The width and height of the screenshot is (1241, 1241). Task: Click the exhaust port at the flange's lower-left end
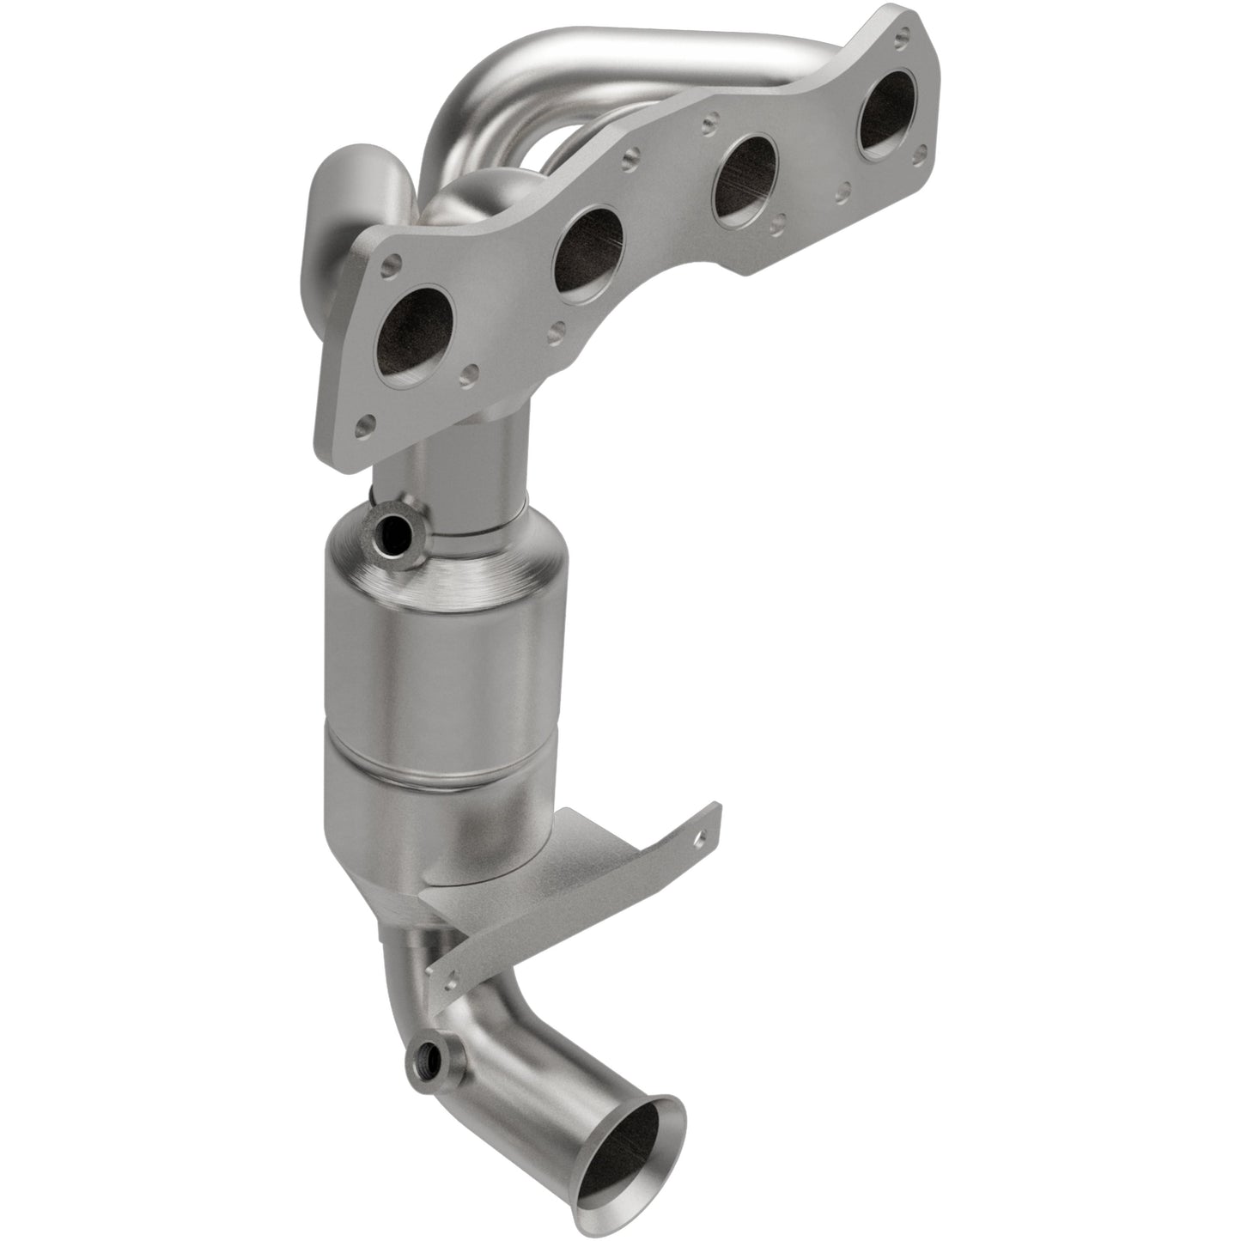coord(419,332)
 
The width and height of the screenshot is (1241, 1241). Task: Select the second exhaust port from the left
coord(588,253)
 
